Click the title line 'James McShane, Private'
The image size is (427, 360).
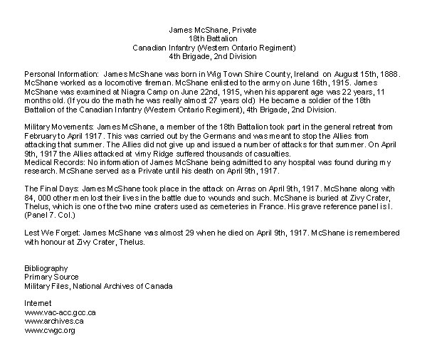tap(213, 30)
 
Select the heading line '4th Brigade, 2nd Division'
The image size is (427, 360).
tap(213, 55)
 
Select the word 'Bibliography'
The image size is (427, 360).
tap(46, 268)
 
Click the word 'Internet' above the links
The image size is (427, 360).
tap(38, 303)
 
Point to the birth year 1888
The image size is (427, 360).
tap(390, 74)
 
